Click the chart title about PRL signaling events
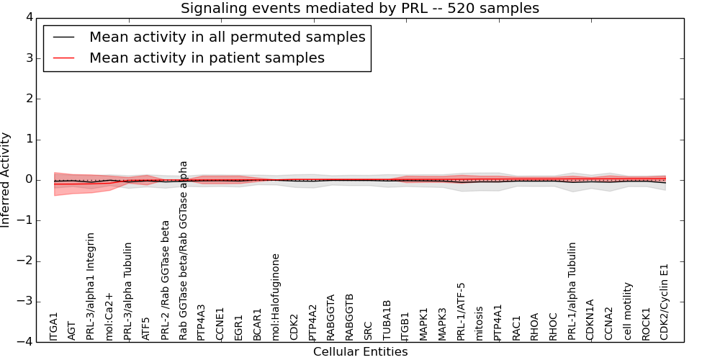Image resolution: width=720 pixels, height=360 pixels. click(x=359, y=9)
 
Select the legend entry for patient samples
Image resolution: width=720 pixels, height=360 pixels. click(x=207, y=58)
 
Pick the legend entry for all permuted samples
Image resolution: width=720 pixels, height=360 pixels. click(x=227, y=37)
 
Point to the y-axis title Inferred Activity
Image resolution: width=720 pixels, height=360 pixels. click(x=6, y=180)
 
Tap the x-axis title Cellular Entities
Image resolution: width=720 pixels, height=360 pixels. click(x=360, y=352)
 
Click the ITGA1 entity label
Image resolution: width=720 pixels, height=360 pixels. click(x=54, y=326)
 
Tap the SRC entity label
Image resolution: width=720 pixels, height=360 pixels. click(x=368, y=330)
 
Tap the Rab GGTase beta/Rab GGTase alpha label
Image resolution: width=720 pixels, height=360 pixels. click(x=184, y=250)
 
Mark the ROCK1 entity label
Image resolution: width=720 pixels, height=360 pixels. click(x=646, y=324)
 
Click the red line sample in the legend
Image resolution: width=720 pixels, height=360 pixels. click(x=63, y=58)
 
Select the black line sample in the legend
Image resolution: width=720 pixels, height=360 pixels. click(x=63, y=37)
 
